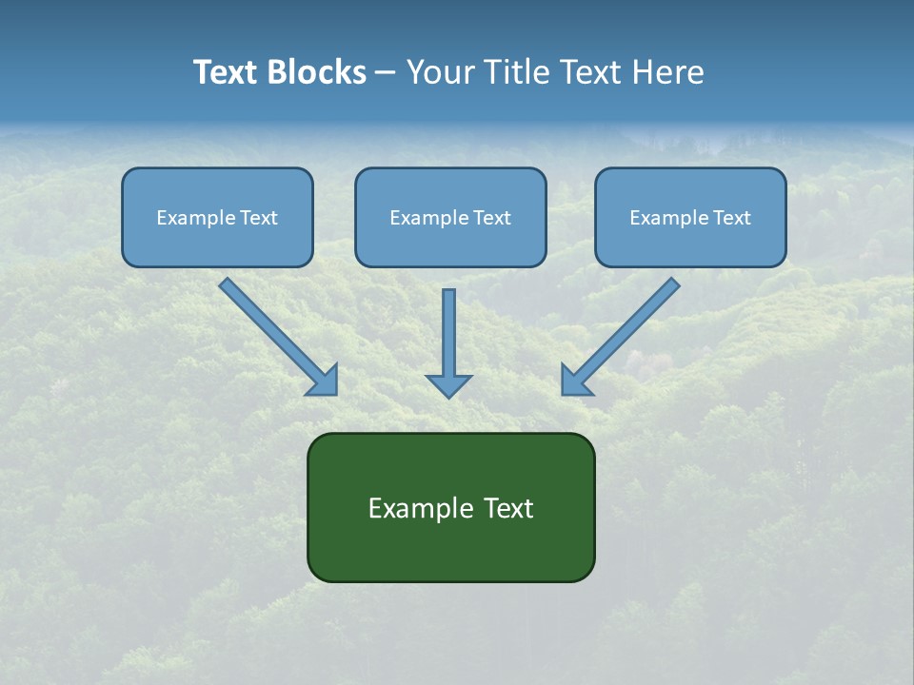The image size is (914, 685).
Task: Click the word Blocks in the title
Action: point(317,72)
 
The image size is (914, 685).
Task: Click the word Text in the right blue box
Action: point(732,218)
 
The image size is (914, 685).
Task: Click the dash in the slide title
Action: point(386,73)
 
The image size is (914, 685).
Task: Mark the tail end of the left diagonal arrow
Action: point(227,284)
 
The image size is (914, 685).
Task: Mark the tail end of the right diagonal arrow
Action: point(672,284)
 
